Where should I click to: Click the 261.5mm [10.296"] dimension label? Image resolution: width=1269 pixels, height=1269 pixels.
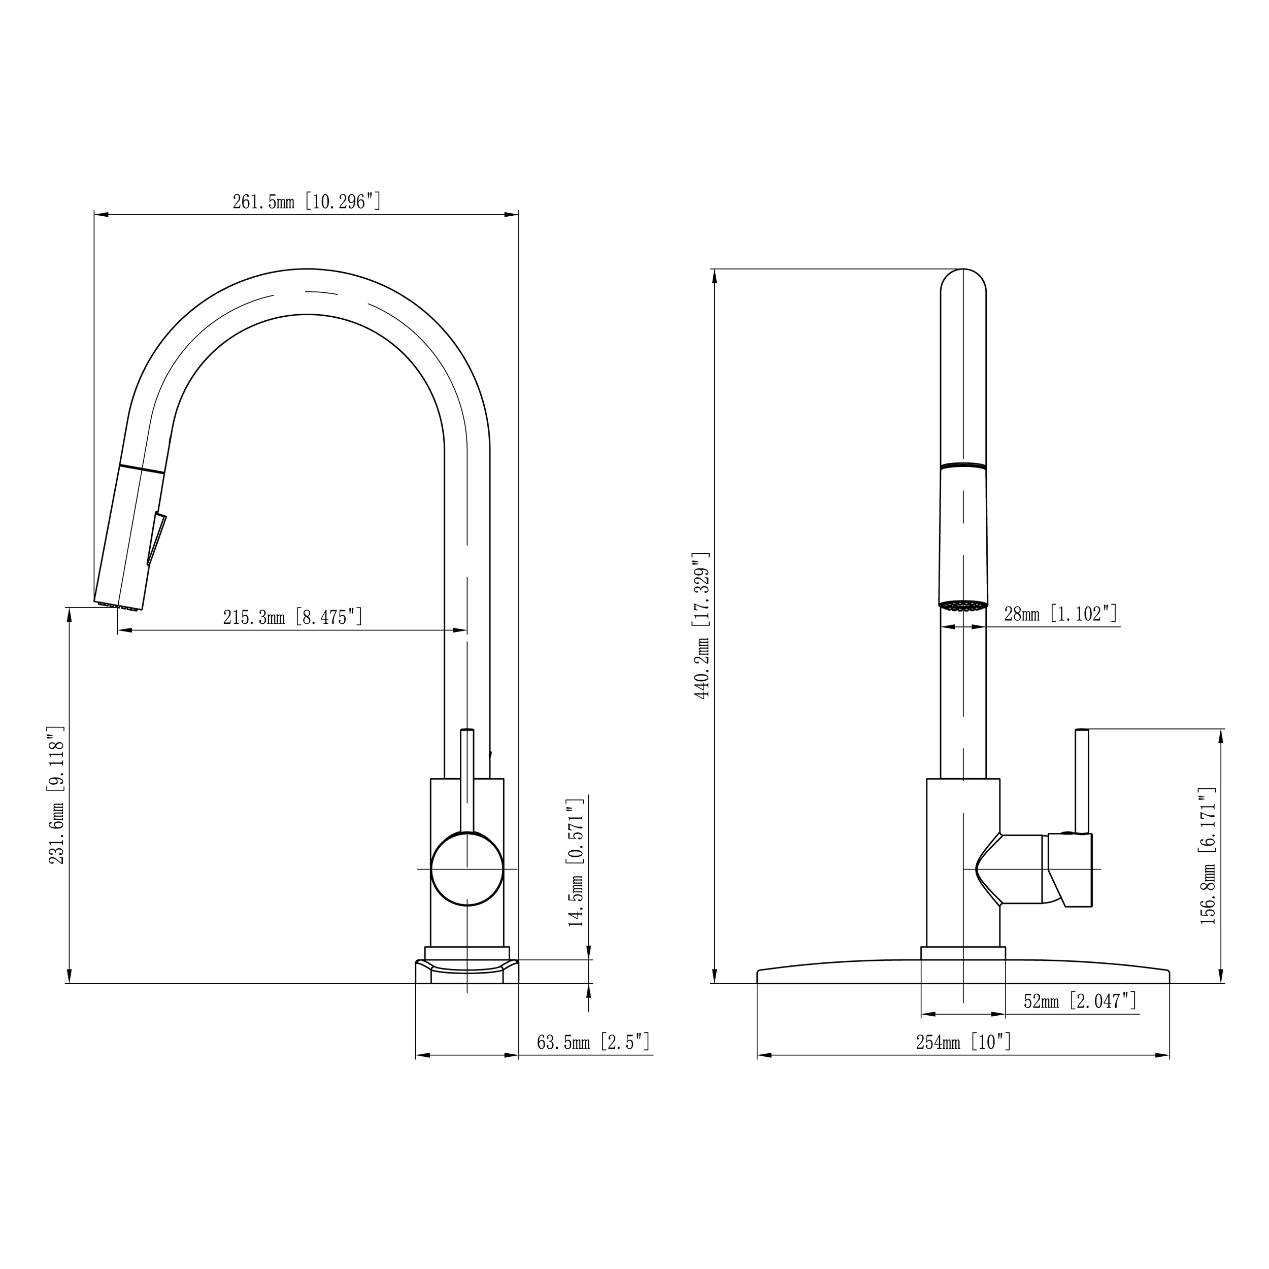pos(307,202)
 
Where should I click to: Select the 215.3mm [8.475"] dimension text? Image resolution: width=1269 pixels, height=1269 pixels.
pos(292,617)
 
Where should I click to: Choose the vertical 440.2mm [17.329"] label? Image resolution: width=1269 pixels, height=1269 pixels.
pos(702,625)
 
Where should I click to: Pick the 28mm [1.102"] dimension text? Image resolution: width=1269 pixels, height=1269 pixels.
pos(1060,614)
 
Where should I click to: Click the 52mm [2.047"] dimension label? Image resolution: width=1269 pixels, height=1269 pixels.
pos(1080,1001)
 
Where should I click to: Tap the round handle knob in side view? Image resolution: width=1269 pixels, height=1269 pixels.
pos(467,869)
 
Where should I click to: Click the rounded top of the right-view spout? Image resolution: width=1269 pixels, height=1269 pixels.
pos(963,279)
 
